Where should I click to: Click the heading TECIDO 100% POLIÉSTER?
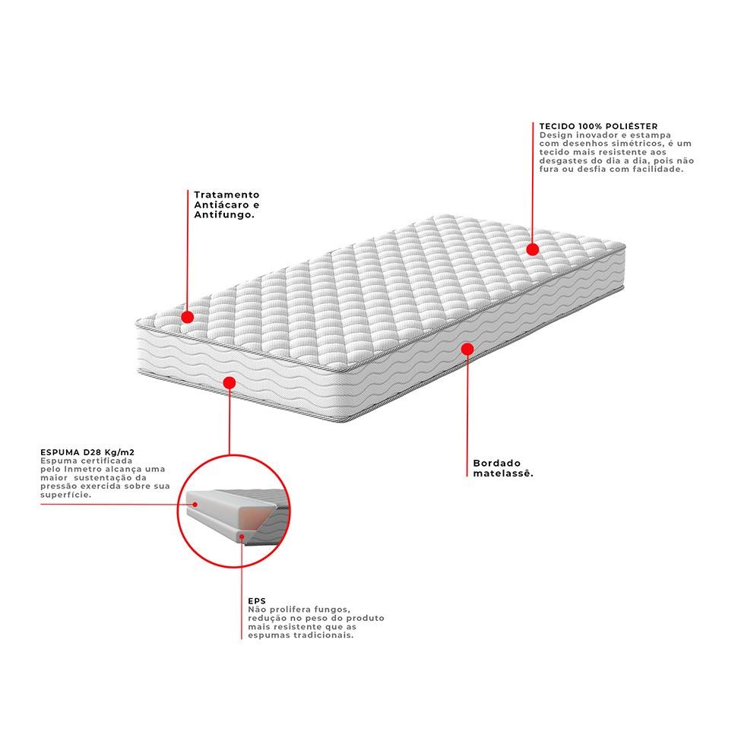pos(598,126)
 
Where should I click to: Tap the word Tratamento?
pos(226,195)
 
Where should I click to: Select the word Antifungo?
pos(224,214)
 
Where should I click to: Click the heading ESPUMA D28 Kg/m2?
pos(87,452)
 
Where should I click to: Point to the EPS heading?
pos(257,601)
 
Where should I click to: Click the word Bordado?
pos(497,463)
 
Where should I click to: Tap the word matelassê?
pos(503,473)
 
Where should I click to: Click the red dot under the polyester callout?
pos(533,249)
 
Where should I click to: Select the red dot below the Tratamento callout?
pos(188,317)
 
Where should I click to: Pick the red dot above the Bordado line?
pos(467,350)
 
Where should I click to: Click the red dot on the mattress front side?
pos(230,383)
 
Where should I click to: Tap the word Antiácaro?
pos(222,204)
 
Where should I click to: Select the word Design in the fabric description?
pos(556,135)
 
